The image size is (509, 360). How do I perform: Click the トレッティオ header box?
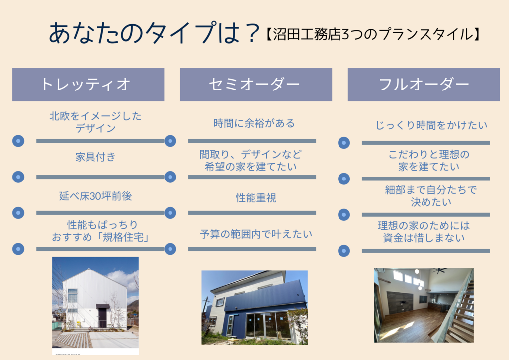[x=88, y=85]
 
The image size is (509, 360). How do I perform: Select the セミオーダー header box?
[x=256, y=85]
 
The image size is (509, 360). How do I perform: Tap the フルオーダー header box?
[x=424, y=85]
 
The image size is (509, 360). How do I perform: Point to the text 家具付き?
[x=95, y=157]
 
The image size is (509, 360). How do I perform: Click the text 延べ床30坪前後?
[x=95, y=196]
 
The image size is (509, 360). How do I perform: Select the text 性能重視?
[x=256, y=198]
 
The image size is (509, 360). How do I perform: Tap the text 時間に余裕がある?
[x=254, y=123]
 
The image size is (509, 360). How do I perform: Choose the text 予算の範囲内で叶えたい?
[x=256, y=234]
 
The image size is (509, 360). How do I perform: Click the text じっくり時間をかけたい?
[x=431, y=125]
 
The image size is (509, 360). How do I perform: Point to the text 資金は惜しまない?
[x=424, y=238]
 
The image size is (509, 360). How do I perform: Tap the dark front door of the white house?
[x=102, y=317]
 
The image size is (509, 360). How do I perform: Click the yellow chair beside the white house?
[x=79, y=324]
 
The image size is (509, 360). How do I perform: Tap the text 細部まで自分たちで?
[x=431, y=190]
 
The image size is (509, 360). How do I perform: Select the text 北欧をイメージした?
[x=95, y=116]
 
